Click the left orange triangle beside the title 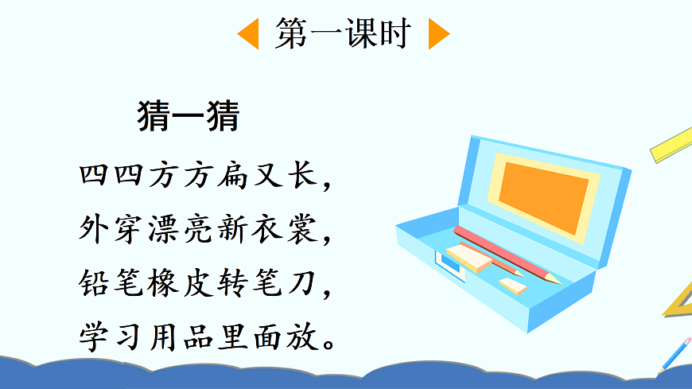(249, 34)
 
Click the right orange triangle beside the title (437, 34)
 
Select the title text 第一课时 (343, 34)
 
